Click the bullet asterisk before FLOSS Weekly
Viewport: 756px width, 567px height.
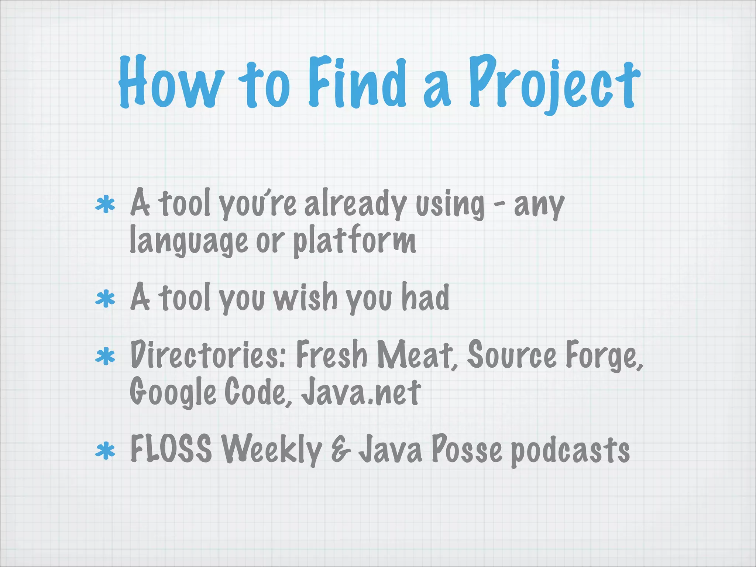point(105,451)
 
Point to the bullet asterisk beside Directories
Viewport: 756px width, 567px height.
point(105,357)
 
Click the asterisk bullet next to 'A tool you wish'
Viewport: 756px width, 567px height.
point(105,299)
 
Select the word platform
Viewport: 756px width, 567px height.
point(355,240)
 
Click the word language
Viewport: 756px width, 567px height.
point(188,240)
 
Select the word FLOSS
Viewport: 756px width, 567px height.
point(171,449)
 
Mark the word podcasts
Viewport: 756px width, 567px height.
point(570,451)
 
